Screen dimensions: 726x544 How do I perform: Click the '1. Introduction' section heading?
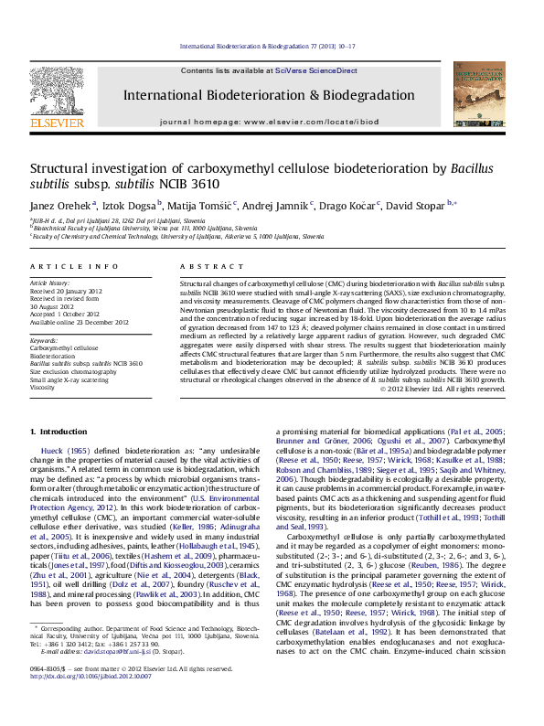(59, 431)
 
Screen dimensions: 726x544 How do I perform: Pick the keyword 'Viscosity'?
(42, 388)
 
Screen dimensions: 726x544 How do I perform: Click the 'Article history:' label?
(49, 284)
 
